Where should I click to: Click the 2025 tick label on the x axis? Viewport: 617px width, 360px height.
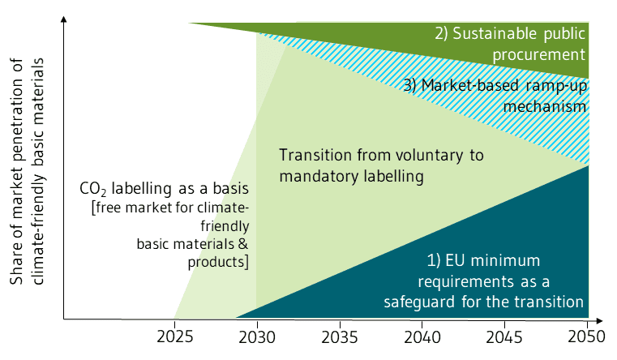click(174, 335)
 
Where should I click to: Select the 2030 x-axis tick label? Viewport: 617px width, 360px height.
click(257, 335)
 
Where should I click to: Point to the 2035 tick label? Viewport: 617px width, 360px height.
click(339, 335)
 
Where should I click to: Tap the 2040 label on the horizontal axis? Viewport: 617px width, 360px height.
click(422, 335)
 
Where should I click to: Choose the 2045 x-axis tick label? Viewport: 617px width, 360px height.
click(504, 335)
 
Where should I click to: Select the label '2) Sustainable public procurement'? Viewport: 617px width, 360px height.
click(509, 44)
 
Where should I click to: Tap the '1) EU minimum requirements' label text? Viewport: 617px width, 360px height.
click(484, 281)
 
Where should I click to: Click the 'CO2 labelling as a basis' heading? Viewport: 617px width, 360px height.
click(164, 191)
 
